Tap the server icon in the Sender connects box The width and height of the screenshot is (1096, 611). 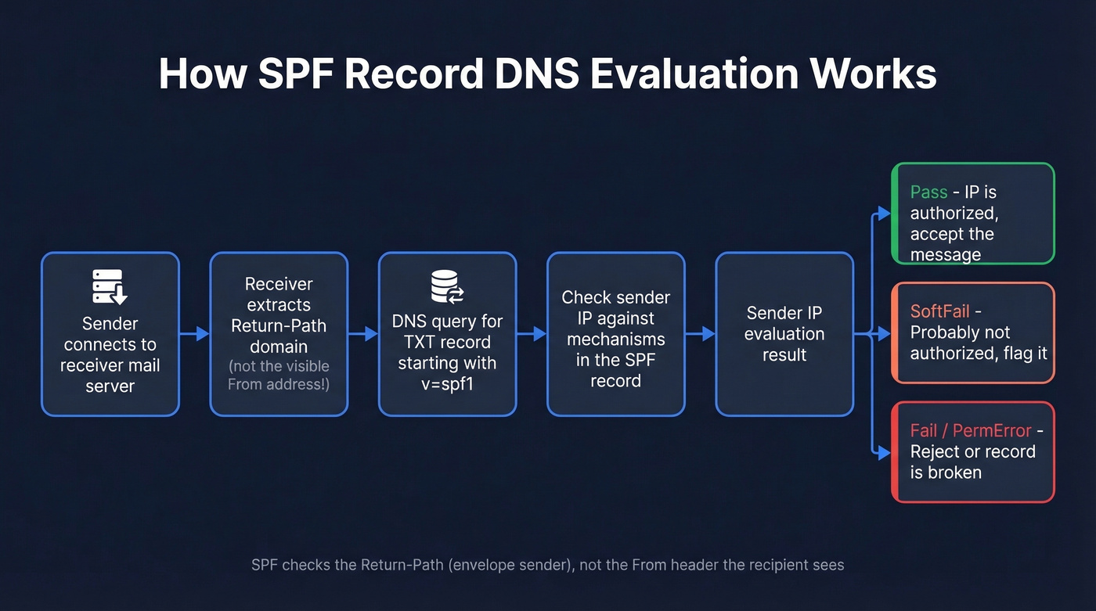coord(110,286)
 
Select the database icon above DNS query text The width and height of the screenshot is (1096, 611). coord(447,286)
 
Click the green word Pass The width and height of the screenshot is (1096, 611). coord(928,192)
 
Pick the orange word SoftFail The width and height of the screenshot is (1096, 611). coord(939,311)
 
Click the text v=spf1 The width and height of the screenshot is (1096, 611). coord(447,383)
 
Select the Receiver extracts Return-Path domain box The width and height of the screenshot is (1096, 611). coord(279,334)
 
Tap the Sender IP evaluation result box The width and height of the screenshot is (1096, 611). coord(784,334)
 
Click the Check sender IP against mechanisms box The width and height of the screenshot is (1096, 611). coord(615,334)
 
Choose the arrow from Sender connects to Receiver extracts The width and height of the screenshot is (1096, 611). coord(194,334)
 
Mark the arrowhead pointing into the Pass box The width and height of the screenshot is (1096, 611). coord(884,214)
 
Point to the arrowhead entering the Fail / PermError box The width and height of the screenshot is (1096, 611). coord(884,453)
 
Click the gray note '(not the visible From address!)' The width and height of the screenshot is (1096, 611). coord(279,375)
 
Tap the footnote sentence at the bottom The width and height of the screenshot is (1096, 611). coord(547,565)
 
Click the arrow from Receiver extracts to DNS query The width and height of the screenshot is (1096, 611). coord(362,334)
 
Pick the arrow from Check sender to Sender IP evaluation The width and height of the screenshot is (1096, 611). coord(700,334)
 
